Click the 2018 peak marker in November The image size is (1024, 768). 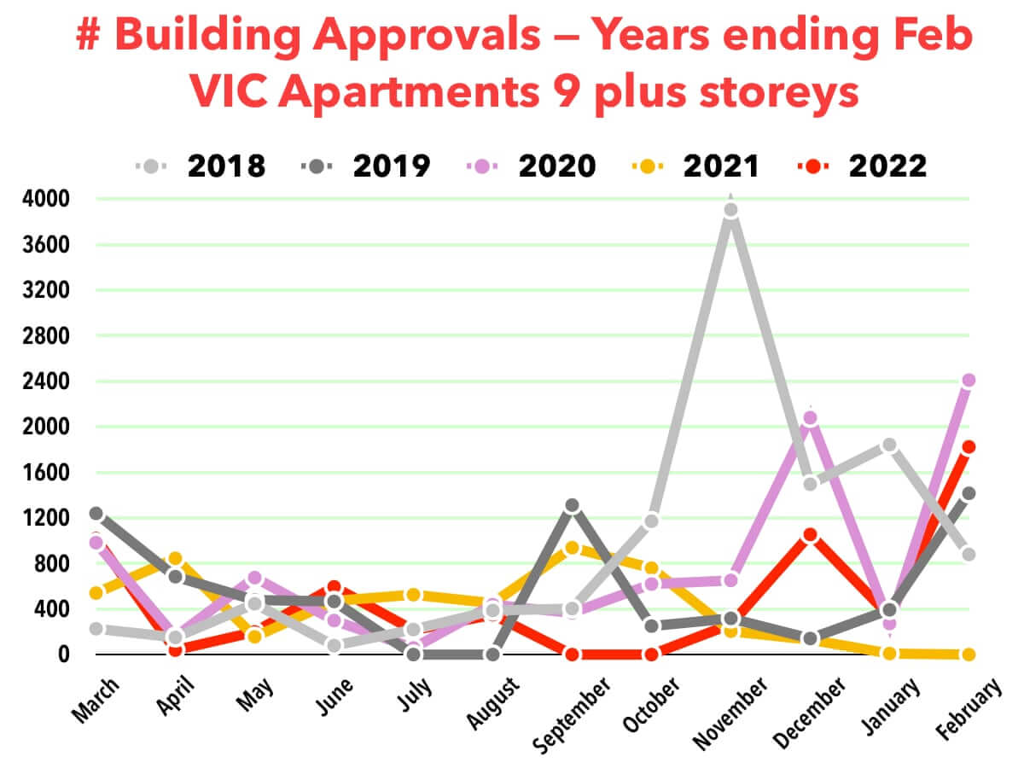point(730,210)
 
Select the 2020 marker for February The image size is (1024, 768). point(969,381)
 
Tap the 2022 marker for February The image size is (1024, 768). point(969,447)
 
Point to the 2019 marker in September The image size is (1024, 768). point(572,506)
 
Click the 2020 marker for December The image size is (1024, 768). point(811,418)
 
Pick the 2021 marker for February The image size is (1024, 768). point(969,655)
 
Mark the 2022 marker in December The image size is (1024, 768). point(811,535)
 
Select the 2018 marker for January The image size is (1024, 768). point(889,445)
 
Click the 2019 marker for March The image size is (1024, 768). point(96,514)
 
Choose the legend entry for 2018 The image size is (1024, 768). point(202,166)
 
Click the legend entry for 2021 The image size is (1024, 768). point(699,166)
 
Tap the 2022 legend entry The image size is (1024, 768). point(864,166)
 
